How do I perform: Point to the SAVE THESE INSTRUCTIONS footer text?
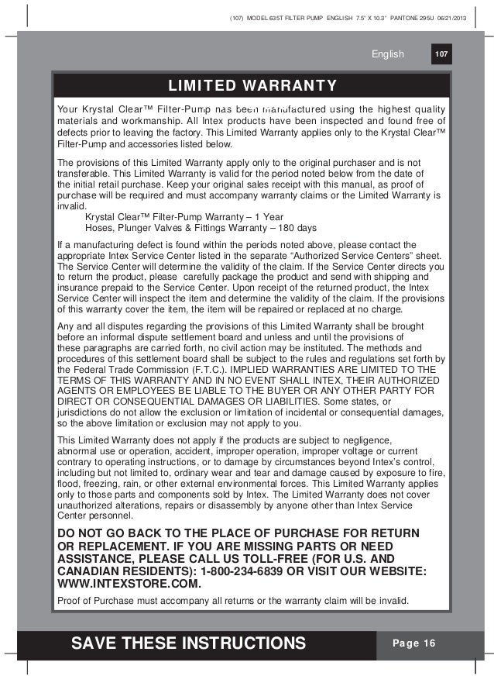pos(188,643)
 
